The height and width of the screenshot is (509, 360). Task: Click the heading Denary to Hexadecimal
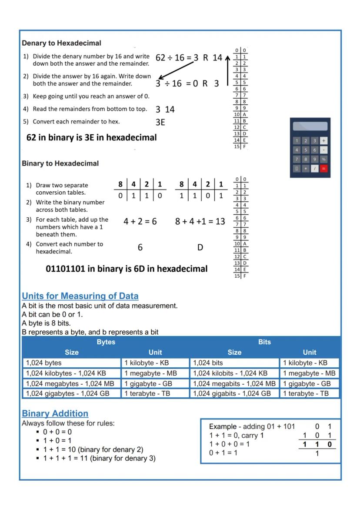pyautogui.click(x=61, y=43)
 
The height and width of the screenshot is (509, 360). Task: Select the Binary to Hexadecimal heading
pyautogui.click(x=60, y=163)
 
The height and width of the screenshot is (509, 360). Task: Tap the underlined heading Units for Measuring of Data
pyautogui.click(x=80, y=296)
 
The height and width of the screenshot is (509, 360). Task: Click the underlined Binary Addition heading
pyautogui.click(x=55, y=413)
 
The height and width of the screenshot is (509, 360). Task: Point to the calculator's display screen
pyautogui.click(x=310, y=126)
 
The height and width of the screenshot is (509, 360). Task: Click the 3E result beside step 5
pyautogui.click(x=160, y=122)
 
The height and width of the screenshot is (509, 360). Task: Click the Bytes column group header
pyautogui.click(x=106, y=342)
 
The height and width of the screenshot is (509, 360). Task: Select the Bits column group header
pyautogui.click(x=264, y=342)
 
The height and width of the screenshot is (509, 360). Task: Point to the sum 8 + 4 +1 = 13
pyautogui.click(x=200, y=222)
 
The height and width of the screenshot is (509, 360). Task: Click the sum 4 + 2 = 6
pyautogui.click(x=140, y=222)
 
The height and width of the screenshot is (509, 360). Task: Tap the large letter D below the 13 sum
pyautogui.click(x=200, y=247)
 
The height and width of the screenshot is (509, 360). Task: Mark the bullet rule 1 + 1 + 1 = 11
pyautogui.click(x=99, y=458)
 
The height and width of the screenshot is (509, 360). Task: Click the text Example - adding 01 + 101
pyautogui.click(x=252, y=427)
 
